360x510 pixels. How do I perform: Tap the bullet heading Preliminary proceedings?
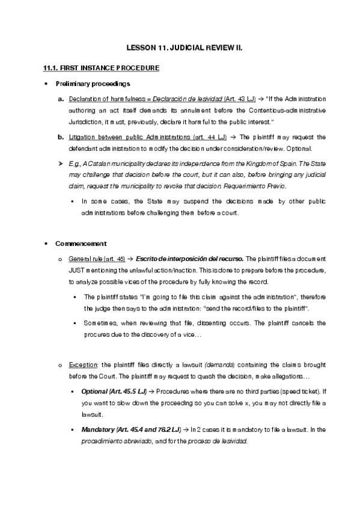(x=93, y=83)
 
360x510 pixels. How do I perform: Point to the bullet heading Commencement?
(x=81, y=244)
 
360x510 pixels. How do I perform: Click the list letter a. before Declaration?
(x=61, y=98)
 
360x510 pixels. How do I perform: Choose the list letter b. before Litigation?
(x=61, y=137)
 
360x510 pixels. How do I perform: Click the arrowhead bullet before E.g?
(x=60, y=164)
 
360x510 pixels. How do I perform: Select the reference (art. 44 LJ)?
(x=207, y=137)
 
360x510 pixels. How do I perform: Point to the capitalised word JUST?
(x=78, y=270)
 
